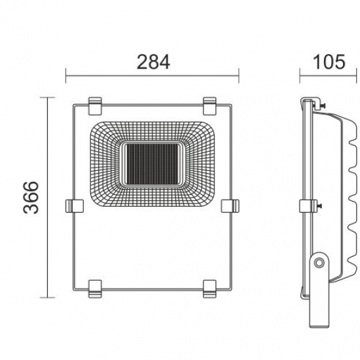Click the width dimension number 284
coord(153,62)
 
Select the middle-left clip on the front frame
coord(74,206)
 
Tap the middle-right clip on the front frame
coord(230,206)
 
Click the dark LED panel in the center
coord(152,162)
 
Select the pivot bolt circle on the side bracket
coord(319,262)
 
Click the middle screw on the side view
coord(320,206)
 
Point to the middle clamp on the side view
coord(305,206)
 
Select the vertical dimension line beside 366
coord(49,196)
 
